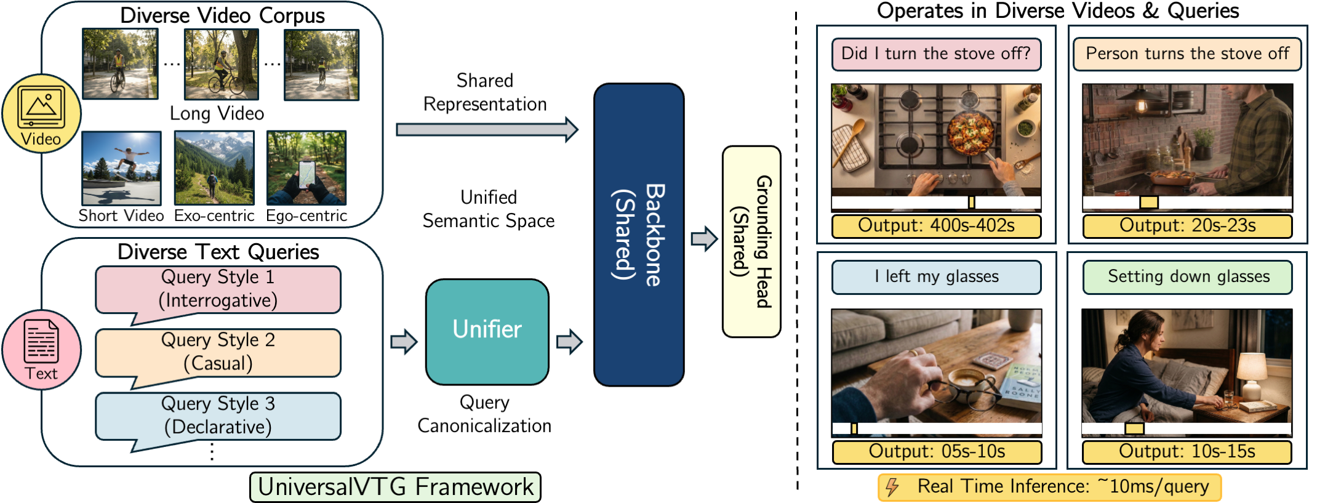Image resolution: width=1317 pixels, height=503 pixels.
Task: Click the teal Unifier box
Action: point(487,331)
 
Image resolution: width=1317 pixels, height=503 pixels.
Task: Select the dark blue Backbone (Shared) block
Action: point(638,235)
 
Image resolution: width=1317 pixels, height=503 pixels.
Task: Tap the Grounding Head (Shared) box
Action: point(751,241)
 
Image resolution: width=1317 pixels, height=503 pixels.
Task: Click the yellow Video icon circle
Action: point(41,114)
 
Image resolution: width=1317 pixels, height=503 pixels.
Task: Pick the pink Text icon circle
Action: point(41,349)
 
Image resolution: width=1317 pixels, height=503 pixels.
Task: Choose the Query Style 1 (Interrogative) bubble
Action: point(218,289)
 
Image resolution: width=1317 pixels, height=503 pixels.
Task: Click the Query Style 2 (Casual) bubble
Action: point(218,352)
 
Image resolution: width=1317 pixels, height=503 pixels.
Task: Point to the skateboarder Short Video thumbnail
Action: point(121,168)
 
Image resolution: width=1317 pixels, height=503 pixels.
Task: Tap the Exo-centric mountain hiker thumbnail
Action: point(214,168)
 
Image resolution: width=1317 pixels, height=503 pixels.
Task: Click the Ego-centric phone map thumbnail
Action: point(306,168)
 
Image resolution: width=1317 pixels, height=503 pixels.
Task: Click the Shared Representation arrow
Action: point(487,129)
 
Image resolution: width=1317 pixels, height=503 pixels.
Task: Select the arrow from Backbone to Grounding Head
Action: point(703,238)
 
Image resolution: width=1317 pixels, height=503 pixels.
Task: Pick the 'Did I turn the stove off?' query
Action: point(935,54)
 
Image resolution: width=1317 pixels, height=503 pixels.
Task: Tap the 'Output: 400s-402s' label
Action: point(935,226)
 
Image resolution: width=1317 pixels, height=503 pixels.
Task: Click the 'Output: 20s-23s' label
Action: point(1187,226)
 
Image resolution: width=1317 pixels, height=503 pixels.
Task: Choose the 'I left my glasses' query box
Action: point(935,277)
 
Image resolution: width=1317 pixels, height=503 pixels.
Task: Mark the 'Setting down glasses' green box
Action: point(1187,277)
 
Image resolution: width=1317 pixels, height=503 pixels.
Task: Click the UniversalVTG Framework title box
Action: point(395,487)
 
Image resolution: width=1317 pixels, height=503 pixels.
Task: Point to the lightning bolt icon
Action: point(892,487)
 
